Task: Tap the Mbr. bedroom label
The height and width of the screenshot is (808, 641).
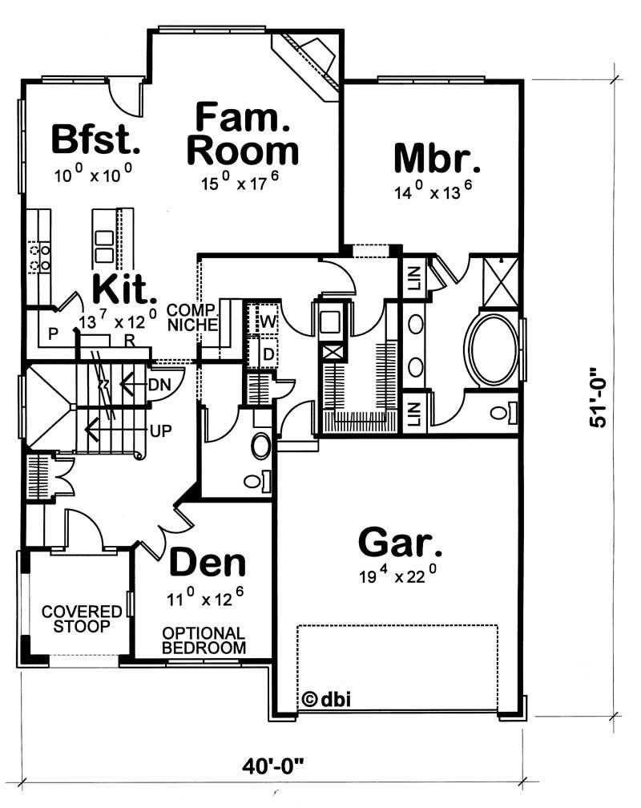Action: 437,158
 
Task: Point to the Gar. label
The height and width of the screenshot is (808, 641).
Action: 399,542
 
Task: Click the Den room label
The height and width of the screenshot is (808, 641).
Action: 207,564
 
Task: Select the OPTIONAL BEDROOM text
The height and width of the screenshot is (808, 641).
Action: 204,640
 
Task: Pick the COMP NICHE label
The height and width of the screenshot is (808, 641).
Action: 191,317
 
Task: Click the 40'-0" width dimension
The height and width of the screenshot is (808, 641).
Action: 273,766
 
